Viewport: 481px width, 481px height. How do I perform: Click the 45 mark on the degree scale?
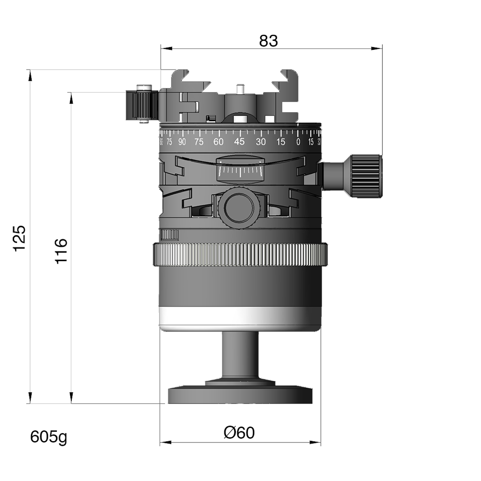[240, 142]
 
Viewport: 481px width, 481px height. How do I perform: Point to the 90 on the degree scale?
[182, 142]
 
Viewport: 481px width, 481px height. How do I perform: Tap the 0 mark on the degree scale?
[298, 142]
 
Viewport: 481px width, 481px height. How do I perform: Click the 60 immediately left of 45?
[218, 142]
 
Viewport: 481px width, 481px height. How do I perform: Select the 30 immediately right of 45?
[261, 142]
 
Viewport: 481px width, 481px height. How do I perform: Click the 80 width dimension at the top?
[268, 42]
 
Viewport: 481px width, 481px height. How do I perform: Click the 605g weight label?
[47, 437]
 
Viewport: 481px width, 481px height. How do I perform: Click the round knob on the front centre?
[239, 207]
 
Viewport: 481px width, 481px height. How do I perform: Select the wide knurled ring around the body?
[240, 255]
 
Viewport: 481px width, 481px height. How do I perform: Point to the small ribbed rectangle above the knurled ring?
[170, 235]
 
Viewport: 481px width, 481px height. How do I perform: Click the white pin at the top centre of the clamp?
[240, 89]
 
